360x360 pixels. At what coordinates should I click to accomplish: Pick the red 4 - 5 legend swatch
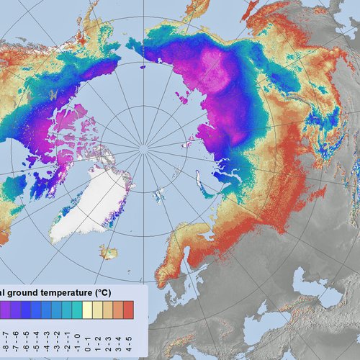click(x=128, y=310)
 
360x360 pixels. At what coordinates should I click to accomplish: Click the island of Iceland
click(x=109, y=251)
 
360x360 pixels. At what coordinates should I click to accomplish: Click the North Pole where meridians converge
click(x=143, y=148)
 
